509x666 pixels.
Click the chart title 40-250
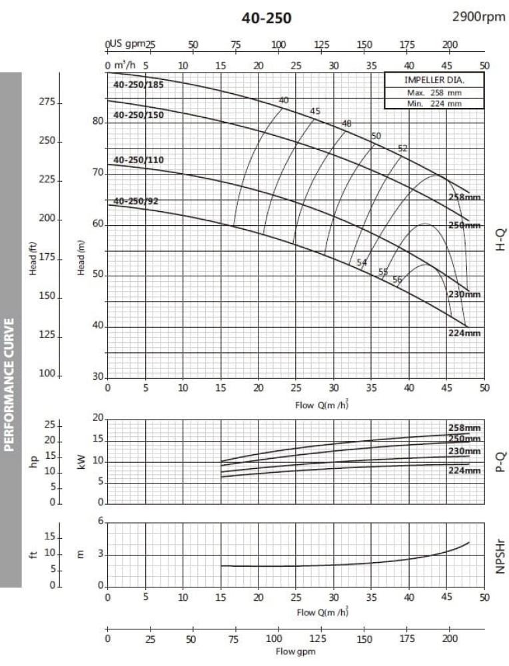pyautogui.click(x=266, y=18)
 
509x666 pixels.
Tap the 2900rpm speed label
pyautogui.click(x=478, y=16)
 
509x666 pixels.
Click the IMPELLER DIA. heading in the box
pyautogui.click(x=434, y=80)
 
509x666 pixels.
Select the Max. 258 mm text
pyautogui.click(x=434, y=93)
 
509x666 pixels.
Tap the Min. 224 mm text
pyautogui.click(x=434, y=103)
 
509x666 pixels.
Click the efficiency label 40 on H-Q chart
pyautogui.click(x=284, y=101)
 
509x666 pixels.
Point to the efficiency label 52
pyautogui.click(x=402, y=149)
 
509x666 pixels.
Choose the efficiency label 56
pyautogui.click(x=397, y=280)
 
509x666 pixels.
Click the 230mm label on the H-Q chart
pyautogui.click(x=464, y=294)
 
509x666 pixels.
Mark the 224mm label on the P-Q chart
pyautogui.click(x=464, y=471)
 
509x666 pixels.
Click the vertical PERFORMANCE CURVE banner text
pyautogui.click(x=10, y=384)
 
